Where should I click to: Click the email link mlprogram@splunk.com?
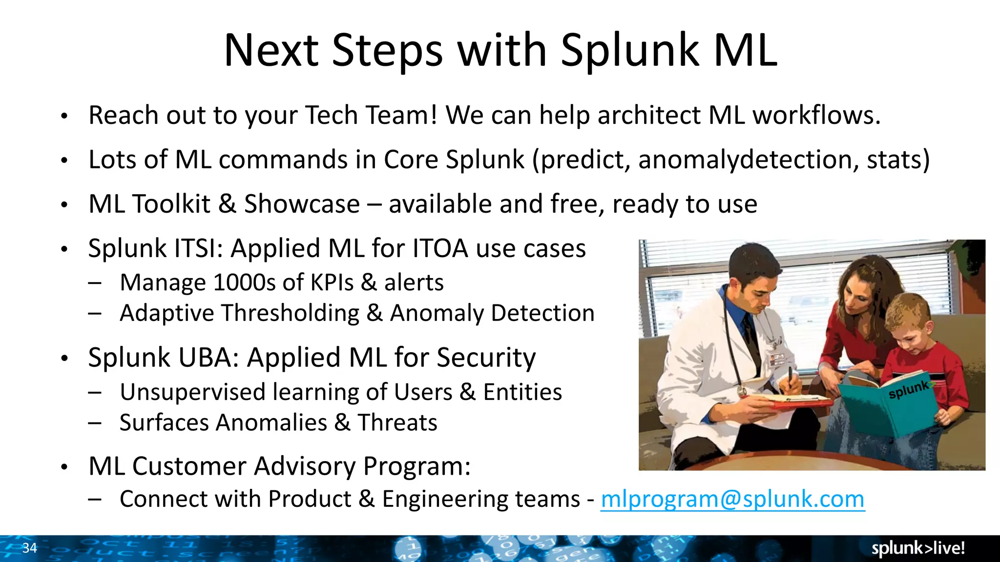tap(732, 499)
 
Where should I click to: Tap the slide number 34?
tap(29, 548)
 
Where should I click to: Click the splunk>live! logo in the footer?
tap(918, 548)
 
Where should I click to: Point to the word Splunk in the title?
tap(630, 50)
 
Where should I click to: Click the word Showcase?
tap(302, 204)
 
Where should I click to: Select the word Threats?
tap(397, 422)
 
